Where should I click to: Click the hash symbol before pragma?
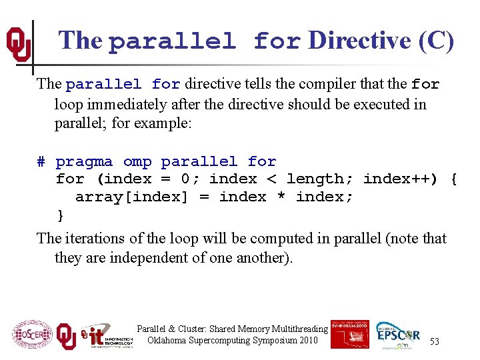pyautogui.click(x=41, y=162)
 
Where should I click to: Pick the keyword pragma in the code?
pyautogui.click(x=85, y=162)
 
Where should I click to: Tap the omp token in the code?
pyautogui.click(x=137, y=162)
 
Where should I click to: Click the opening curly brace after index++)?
pyautogui.click(x=453, y=179)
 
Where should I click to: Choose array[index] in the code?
pyautogui.click(x=132, y=197)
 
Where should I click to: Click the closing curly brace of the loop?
pyautogui.click(x=61, y=215)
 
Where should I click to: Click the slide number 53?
pyautogui.click(x=435, y=341)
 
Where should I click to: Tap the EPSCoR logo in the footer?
pyautogui.click(x=397, y=335)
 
